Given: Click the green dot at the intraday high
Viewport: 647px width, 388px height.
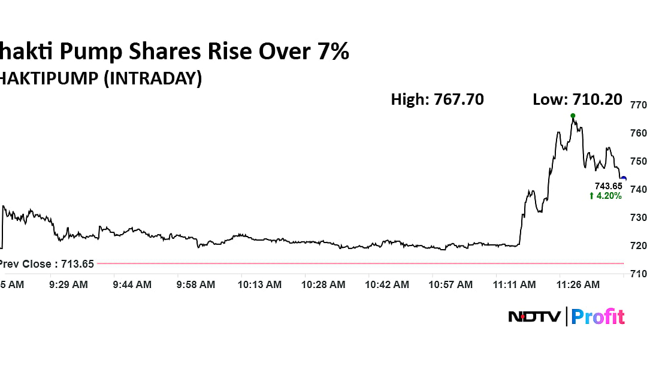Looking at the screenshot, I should [x=573, y=116].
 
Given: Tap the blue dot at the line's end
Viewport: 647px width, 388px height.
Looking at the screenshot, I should [x=624, y=178].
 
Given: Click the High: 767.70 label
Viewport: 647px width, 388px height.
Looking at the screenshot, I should [x=437, y=99].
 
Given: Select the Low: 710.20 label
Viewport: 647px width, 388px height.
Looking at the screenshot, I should [x=577, y=99].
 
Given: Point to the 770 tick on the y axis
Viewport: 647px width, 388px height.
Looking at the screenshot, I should [x=638, y=105].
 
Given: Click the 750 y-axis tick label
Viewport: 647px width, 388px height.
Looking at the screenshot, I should [x=638, y=161].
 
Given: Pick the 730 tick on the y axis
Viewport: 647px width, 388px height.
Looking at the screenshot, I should [x=638, y=217].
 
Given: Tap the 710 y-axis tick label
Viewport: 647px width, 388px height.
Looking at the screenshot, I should [x=638, y=274].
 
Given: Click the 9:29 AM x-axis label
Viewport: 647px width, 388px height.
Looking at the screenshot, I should [x=68, y=285].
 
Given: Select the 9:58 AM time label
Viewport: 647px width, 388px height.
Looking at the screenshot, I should [x=196, y=285].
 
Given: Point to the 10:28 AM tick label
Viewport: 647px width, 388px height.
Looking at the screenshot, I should [x=323, y=285].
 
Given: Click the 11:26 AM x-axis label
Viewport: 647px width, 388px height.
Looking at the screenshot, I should [x=579, y=285].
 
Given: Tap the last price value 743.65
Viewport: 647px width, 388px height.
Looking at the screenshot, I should [x=608, y=186].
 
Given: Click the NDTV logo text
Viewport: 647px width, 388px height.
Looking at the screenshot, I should [x=534, y=316].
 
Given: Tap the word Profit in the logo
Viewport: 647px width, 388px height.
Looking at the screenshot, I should [x=598, y=316].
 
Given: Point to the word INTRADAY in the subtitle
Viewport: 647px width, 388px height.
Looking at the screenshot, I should [x=152, y=78].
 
